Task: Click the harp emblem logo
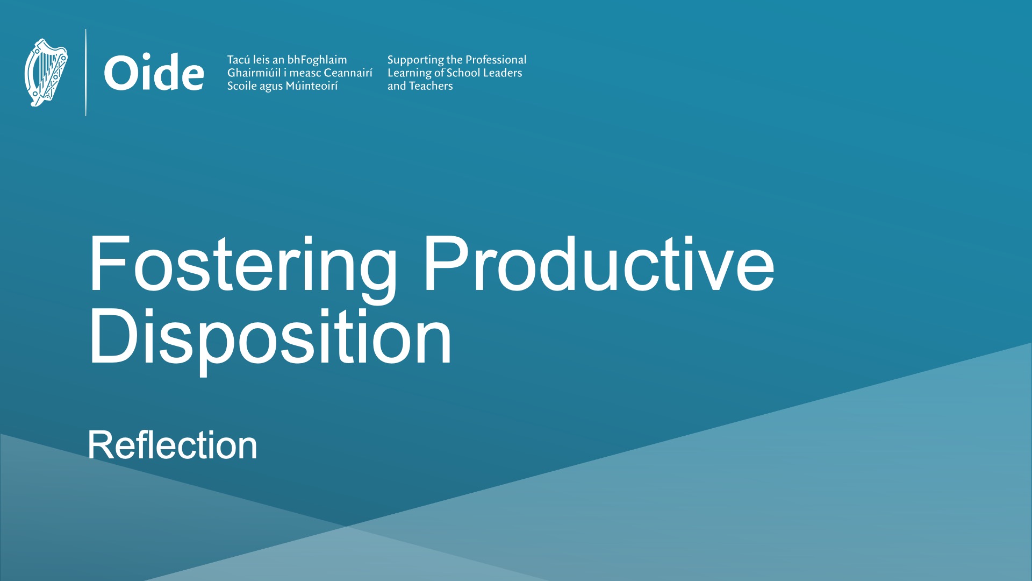pos(46,73)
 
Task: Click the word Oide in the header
pos(154,73)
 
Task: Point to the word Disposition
pos(270,339)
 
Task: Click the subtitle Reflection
pos(173,445)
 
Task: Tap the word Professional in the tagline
pos(496,60)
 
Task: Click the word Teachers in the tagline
pos(431,86)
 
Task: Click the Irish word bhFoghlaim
pos(317,60)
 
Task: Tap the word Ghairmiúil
pos(254,73)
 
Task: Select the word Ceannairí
pos(348,73)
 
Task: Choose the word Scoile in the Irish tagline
pos(242,86)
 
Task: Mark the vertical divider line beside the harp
pos(86,73)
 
